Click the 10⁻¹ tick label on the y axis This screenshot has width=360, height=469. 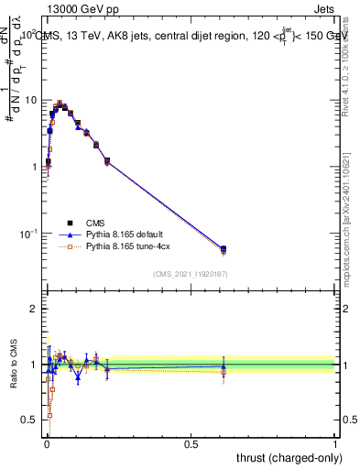27,234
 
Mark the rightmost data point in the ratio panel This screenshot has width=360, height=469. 224,366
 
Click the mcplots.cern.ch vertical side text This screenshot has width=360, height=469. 352,229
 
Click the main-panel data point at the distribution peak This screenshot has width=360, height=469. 60,104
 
